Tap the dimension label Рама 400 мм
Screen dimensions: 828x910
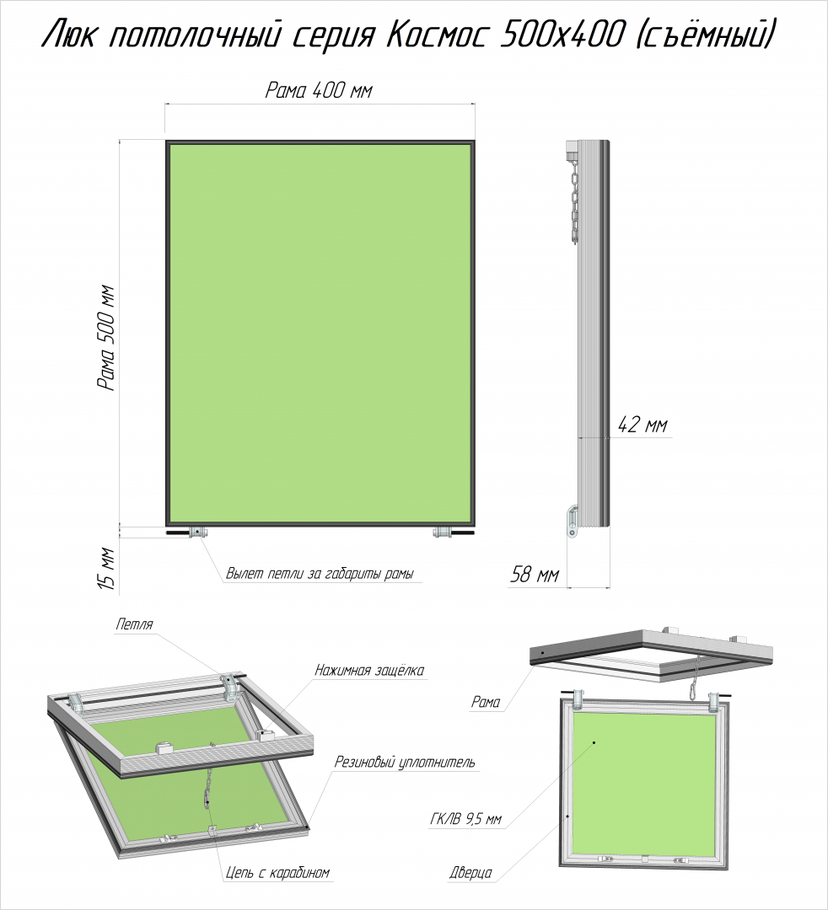tap(319, 90)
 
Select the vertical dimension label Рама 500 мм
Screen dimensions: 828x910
tap(107, 338)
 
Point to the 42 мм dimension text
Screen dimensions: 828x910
tap(643, 425)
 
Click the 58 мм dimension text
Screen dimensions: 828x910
tap(535, 575)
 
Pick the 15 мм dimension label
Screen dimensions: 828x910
tap(107, 568)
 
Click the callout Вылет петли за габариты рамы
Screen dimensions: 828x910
tap(320, 574)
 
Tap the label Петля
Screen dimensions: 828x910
tap(134, 624)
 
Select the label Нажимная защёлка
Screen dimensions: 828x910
tap(369, 671)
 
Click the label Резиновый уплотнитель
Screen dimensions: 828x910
tap(405, 762)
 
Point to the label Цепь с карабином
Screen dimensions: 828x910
tap(277, 872)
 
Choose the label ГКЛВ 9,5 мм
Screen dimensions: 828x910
tap(465, 820)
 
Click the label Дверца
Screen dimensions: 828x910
tap(470, 872)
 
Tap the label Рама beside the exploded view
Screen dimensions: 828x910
tap(486, 702)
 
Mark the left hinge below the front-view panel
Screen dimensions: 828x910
tap(199, 533)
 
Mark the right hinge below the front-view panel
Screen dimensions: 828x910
tap(443, 533)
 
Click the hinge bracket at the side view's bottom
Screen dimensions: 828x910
tap(572, 522)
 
